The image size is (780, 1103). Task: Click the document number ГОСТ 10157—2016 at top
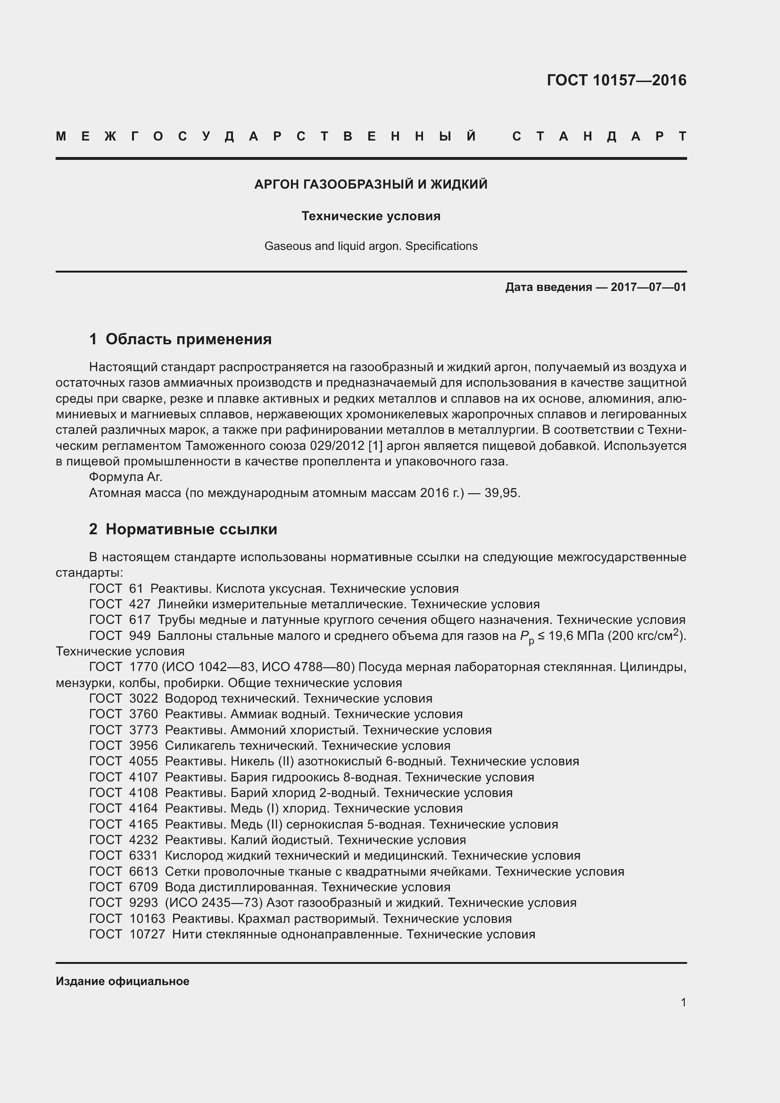(616, 80)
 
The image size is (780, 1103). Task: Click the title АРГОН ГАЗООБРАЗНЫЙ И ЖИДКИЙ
(371, 184)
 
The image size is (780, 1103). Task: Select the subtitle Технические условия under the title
(371, 216)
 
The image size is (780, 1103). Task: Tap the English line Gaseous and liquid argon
(371, 246)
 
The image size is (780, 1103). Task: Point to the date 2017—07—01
(648, 287)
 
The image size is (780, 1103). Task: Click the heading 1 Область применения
(180, 339)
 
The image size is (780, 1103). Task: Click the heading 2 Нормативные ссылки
(183, 529)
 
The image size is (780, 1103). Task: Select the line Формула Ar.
(126, 477)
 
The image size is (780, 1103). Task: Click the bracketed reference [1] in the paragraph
(375, 446)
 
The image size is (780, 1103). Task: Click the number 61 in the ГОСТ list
(136, 589)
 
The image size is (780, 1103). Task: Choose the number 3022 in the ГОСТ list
(143, 698)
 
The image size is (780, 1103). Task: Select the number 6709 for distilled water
(143, 887)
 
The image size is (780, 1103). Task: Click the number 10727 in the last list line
(147, 934)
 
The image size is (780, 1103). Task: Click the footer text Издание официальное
(123, 981)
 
